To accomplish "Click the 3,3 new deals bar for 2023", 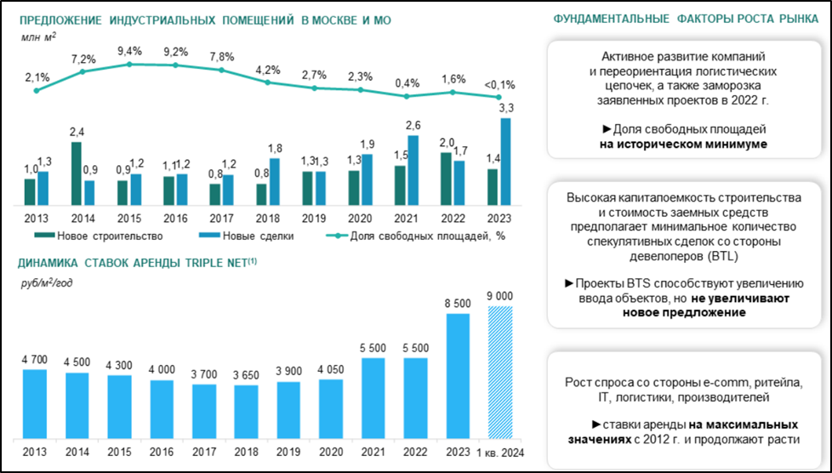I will coord(505,162).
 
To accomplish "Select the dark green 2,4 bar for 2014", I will coord(76,174).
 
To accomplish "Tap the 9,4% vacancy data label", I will coord(129,50).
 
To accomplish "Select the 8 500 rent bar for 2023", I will coord(457,375).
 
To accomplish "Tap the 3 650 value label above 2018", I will coord(246,373).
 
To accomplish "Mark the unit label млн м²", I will coord(37,37).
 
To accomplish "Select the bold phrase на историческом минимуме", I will coord(690,145).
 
